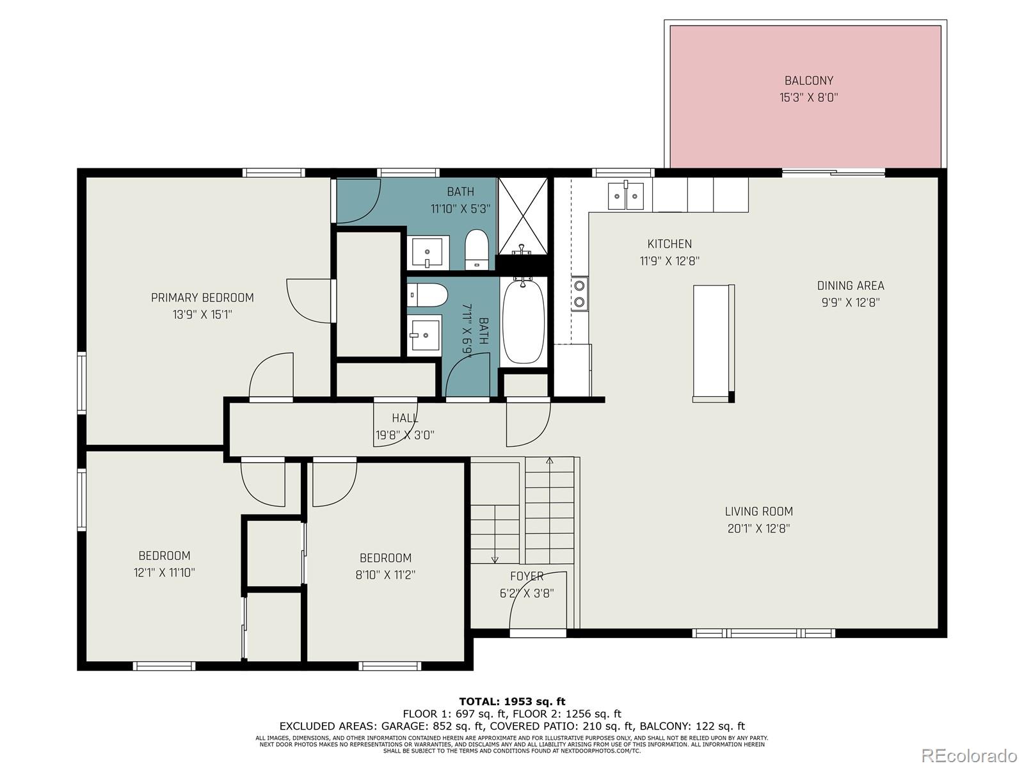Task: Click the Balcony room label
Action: (x=808, y=81)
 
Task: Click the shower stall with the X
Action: (x=523, y=216)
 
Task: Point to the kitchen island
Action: (x=713, y=342)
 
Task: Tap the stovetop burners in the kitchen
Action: (x=580, y=294)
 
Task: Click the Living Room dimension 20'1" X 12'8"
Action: (x=758, y=529)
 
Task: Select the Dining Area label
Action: (x=850, y=285)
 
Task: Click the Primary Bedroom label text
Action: (x=202, y=298)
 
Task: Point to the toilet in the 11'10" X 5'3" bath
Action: (x=476, y=249)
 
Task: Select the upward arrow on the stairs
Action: (x=549, y=461)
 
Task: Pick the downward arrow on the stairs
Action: (x=495, y=558)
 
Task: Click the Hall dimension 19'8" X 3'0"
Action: (x=404, y=435)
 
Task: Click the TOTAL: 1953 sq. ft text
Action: (x=512, y=701)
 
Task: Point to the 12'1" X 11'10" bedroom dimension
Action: (x=164, y=573)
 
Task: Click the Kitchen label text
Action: (x=669, y=244)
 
